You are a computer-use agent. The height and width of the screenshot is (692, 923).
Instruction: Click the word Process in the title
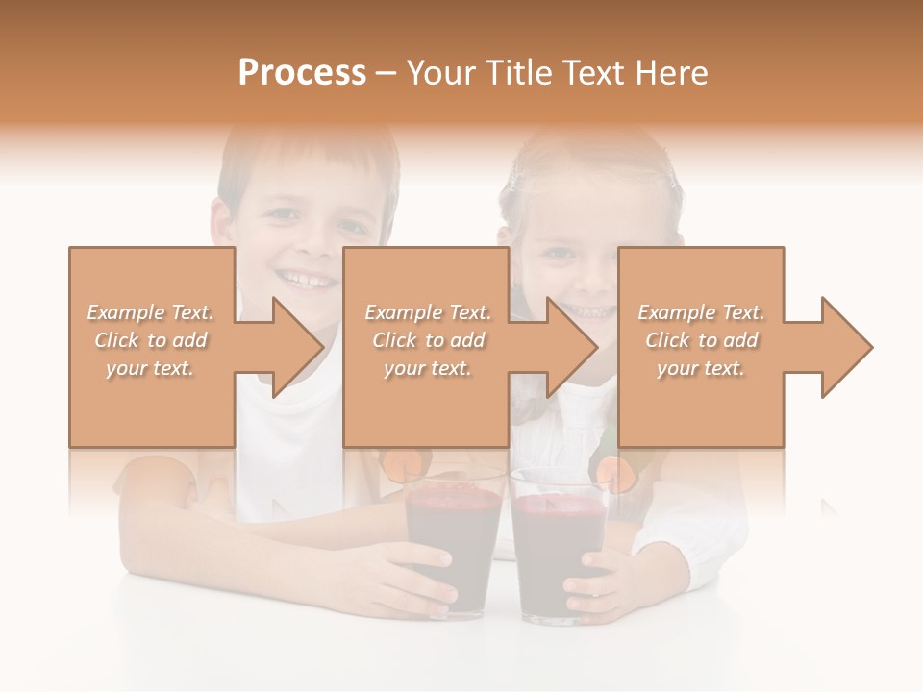click(302, 73)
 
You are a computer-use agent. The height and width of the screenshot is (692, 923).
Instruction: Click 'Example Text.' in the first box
click(150, 312)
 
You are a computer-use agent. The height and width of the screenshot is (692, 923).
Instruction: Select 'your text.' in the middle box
click(427, 368)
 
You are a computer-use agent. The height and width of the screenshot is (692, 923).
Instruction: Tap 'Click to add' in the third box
click(701, 340)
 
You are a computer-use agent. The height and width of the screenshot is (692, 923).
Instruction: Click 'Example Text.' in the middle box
click(427, 312)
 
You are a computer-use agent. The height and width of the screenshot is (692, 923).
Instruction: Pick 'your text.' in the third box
click(701, 368)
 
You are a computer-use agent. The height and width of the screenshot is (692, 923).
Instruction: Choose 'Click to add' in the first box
click(150, 340)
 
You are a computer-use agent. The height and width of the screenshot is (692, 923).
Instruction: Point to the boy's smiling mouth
click(310, 279)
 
